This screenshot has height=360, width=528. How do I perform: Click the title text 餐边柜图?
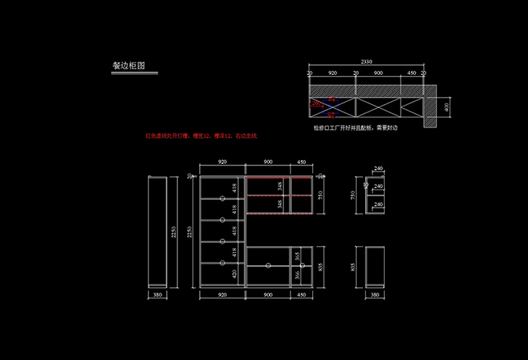[128, 66]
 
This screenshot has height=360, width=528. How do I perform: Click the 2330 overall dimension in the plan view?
[366, 62]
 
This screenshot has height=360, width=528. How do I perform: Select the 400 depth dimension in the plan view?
[447, 107]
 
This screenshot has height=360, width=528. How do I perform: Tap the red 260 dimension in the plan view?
[316, 104]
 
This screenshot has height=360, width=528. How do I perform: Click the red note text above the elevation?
[201, 136]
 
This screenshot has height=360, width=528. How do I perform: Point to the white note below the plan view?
[355, 128]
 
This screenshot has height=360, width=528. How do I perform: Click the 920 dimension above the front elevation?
[223, 162]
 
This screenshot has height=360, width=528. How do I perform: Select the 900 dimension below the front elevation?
[268, 294]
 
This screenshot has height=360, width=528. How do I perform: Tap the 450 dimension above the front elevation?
[302, 162]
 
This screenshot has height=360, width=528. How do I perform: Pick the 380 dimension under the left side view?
[158, 294]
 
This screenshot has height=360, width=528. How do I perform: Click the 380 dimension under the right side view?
[375, 294]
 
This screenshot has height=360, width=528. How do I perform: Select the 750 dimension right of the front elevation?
[321, 195]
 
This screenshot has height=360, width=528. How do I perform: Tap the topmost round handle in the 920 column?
[223, 198]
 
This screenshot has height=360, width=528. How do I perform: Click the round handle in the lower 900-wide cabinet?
[269, 266]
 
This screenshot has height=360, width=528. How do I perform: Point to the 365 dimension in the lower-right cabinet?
[297, 257]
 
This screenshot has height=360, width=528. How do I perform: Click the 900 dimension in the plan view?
[378, 74]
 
